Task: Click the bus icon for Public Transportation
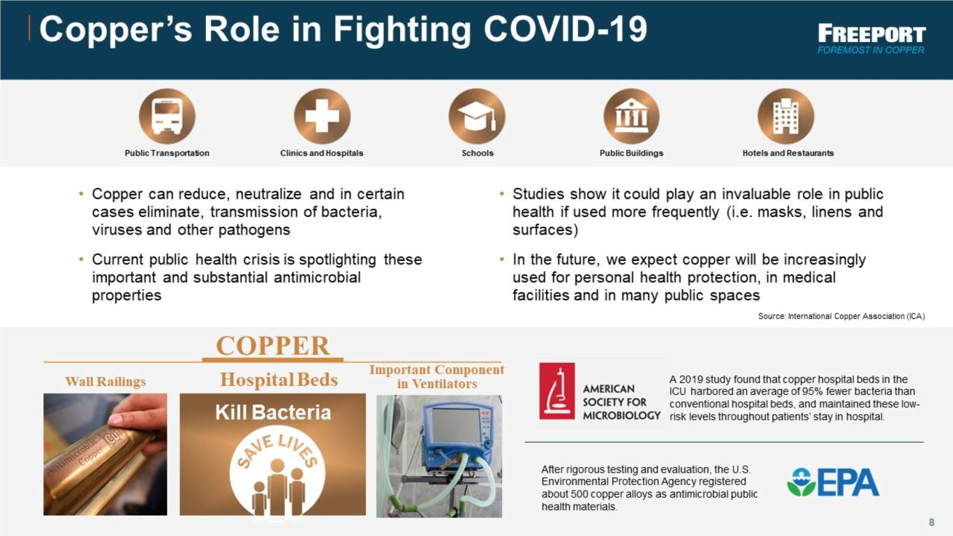(x=167, y=116)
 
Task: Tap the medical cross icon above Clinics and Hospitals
(x=322, y=116)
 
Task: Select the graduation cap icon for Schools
(x=477, y=116)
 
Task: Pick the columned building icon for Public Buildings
(x=631, y=116)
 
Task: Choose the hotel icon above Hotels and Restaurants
(x=786, y=116)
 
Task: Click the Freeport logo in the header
(x=871, y=38)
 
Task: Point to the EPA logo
(x=833, y=482)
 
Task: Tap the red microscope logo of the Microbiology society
(x=557, y=391)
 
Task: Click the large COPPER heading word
(x=273, y=345)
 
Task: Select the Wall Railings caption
(x=105, y=382)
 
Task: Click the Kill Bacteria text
(x=273, y=412)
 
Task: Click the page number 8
(x=931, y=522)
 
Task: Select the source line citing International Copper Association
(x=841, y=316)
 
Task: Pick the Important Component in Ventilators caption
(x=436, y=376)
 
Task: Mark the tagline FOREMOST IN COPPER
(x=871, y=50)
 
